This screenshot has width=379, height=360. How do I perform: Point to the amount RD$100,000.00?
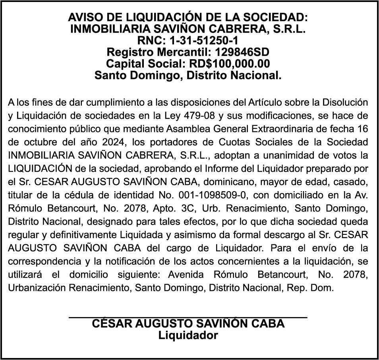tap(230, 64)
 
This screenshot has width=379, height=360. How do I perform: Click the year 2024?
tap(112, 142)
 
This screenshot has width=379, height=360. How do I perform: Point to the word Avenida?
tap(186, 274)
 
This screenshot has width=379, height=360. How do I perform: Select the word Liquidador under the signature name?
tap(188, 335)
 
